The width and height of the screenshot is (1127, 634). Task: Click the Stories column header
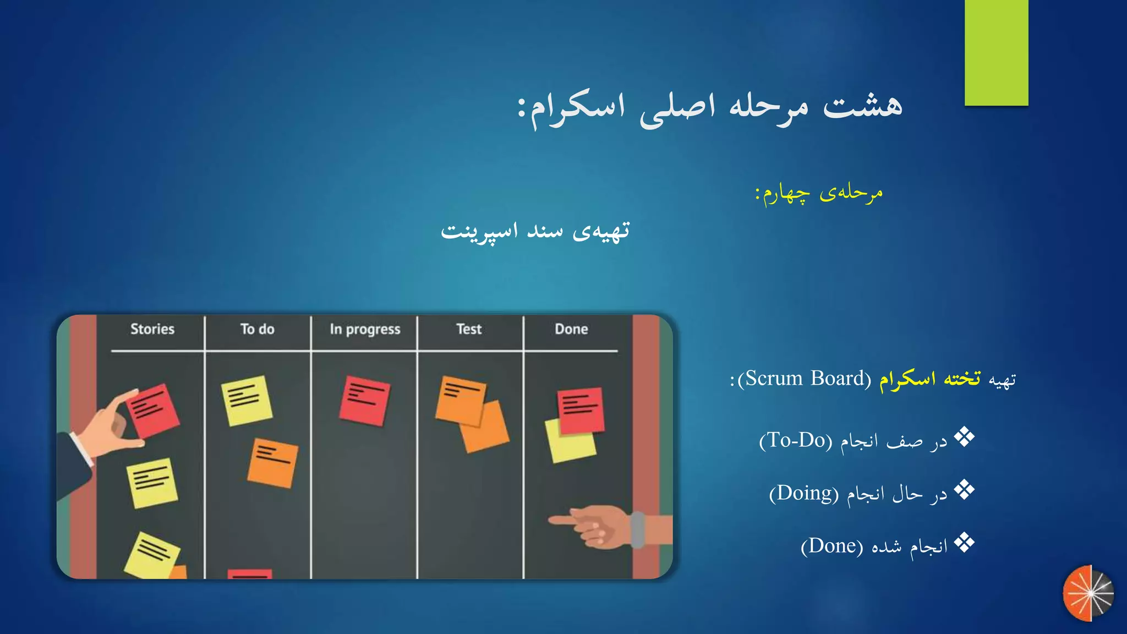point(152,329)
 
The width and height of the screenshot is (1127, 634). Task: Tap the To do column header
point(257,329)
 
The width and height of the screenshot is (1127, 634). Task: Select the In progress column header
point(365,329)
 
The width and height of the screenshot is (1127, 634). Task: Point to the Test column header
point(469,329)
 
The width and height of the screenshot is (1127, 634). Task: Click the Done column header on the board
point(571,329)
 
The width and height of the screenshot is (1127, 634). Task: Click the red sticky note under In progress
point(365,401)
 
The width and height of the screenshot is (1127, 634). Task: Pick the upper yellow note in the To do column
point(247,400)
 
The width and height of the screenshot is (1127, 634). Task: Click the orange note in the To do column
point(273,463)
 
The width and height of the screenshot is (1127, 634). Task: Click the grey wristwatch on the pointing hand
point(637,529)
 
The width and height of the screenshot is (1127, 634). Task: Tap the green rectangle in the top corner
point(996,53)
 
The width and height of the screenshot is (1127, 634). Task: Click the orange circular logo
point(1088,593)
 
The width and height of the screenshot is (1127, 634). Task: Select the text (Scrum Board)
point(804,379)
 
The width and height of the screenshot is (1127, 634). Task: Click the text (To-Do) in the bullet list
point(796,440)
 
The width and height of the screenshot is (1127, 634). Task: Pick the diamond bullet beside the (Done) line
point(964,543)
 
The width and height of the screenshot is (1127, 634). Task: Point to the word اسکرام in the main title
point(578,107)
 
